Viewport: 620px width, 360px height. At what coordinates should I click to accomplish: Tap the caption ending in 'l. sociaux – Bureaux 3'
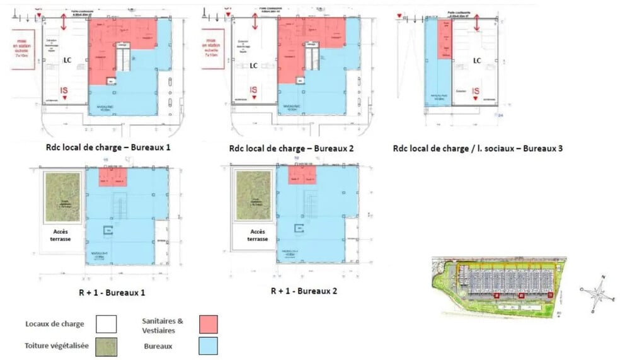point(477,149)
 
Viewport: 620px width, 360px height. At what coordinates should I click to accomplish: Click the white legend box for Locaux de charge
point(106,324)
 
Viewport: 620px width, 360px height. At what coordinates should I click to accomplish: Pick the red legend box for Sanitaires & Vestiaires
point(208,324)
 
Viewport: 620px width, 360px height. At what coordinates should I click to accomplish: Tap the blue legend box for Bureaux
point(208,345)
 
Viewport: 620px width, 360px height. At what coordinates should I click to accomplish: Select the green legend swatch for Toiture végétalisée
point(106,345)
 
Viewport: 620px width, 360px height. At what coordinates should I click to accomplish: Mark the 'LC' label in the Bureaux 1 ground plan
point(67,61)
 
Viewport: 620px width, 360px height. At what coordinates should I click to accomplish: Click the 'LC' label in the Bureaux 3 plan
point(477,61)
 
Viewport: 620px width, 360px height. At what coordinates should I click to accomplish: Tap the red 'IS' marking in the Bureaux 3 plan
point(476,92)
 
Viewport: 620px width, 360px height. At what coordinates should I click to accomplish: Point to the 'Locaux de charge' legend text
point(54,324)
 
